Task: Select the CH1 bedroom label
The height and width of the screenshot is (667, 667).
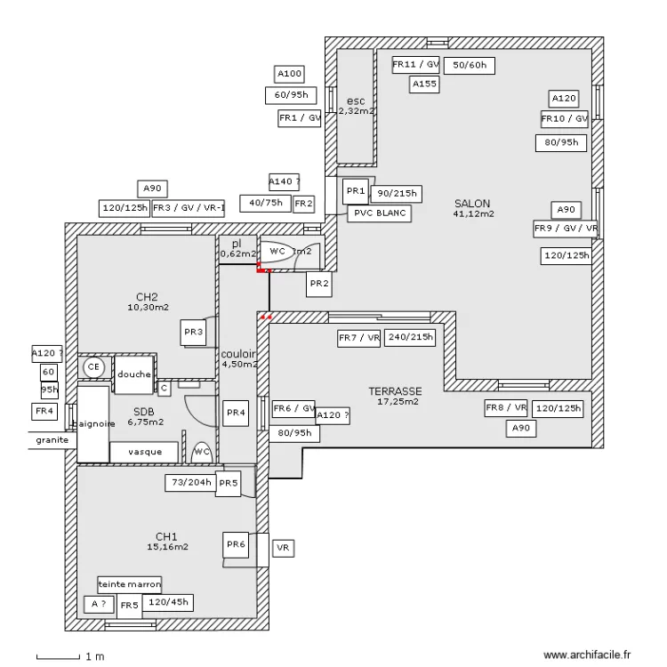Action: tap(166, 537)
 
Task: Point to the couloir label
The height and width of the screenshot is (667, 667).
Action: tap(239, 354)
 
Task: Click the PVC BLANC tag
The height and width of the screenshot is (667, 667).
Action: tap(378, 213)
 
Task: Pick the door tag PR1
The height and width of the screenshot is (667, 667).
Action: tap(356, 190)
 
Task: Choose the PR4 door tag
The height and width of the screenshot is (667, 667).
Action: tap(235, 412)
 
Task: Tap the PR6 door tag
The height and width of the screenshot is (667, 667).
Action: tap(235, 544)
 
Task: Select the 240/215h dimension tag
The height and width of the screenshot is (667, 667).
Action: tap(412, 338)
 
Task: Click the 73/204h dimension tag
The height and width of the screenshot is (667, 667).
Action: tap(190, 483)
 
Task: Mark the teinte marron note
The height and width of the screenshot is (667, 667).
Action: tap(131, 584)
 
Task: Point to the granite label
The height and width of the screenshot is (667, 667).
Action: tap(50, 440)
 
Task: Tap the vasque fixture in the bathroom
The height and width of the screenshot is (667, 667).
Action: tap(144, 452)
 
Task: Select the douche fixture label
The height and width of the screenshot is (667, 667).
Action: tap(134, 374)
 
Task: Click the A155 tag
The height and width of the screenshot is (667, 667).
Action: tap(424, 84)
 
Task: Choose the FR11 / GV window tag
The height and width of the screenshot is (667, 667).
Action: tap(416, 64)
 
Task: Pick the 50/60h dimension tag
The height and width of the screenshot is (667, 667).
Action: tap(470, 65)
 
